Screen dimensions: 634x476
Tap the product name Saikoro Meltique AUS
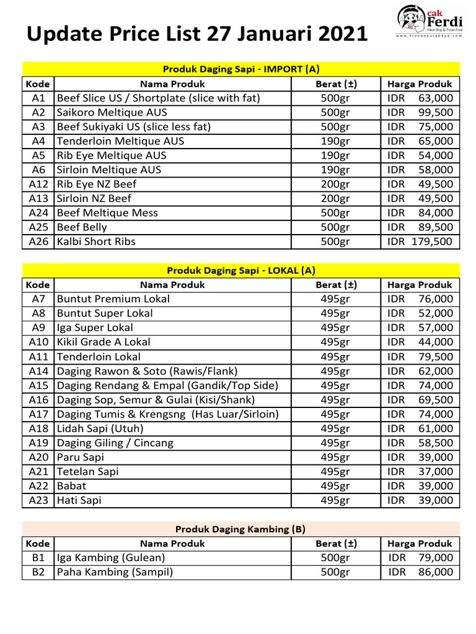pyautogui.click(x=112, y=112)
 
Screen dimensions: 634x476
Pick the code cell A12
pyautogui.click(x=38, y=184)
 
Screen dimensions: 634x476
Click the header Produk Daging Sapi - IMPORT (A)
pyautogui.click(x=241, y=69)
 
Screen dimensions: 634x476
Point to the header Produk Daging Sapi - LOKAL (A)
pyautogui.click(x=241, y=270)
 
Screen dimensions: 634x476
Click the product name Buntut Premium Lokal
pyautogui.click(x=113, y=299)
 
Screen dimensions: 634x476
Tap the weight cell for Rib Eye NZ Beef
pyautogui.click(x=335, y=184)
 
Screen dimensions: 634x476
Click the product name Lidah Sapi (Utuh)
pyautogui.click(x=100, y=428)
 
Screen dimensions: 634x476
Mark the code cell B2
pyautogui.click(x=38, y=572)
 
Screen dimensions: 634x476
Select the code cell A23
pyautogui.click(x=38, y=500)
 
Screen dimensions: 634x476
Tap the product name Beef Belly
pyautogui.click(x=82, y=227)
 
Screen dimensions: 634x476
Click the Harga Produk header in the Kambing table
pyautogui.click(x=420, y=544)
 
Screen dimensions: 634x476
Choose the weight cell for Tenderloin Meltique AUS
pyautogui.click(x=335, y=141)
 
